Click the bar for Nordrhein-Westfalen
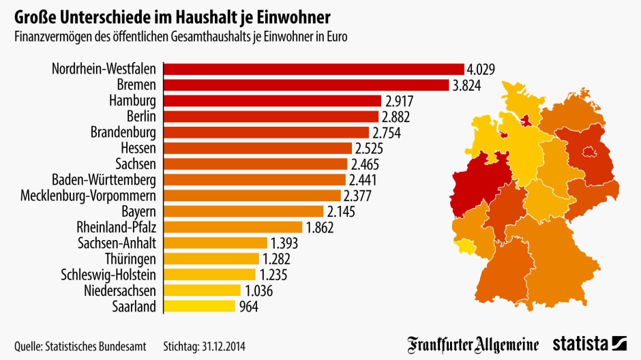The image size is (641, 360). click(x=314, y=69)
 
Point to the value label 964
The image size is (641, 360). click(x=249, y=306)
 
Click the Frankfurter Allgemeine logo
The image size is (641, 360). click(x=473, y=344)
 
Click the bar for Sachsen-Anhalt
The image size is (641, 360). click(x=216, y=243)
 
